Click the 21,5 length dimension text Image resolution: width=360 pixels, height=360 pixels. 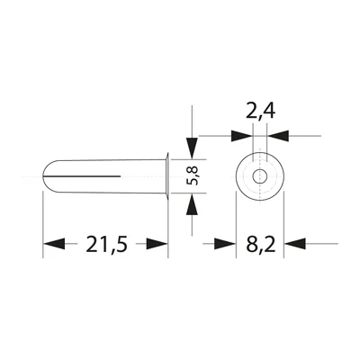(x=106, y=244)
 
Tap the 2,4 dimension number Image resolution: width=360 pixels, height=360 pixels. (x=259, y=112)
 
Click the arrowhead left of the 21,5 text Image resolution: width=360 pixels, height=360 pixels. (x=55, y=244)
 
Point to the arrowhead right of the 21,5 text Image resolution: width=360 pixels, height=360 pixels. (x=157, y=244)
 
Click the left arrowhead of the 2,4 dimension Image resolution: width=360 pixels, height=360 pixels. (x=241, y=136)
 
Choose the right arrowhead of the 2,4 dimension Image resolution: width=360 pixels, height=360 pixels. (x=279, y=136)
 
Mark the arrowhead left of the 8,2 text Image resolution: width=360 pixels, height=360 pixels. (x=224, y=244)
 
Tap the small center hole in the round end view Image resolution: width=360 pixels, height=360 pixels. (x=259, y=176)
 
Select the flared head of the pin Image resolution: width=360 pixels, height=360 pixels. (x=166, y=176)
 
